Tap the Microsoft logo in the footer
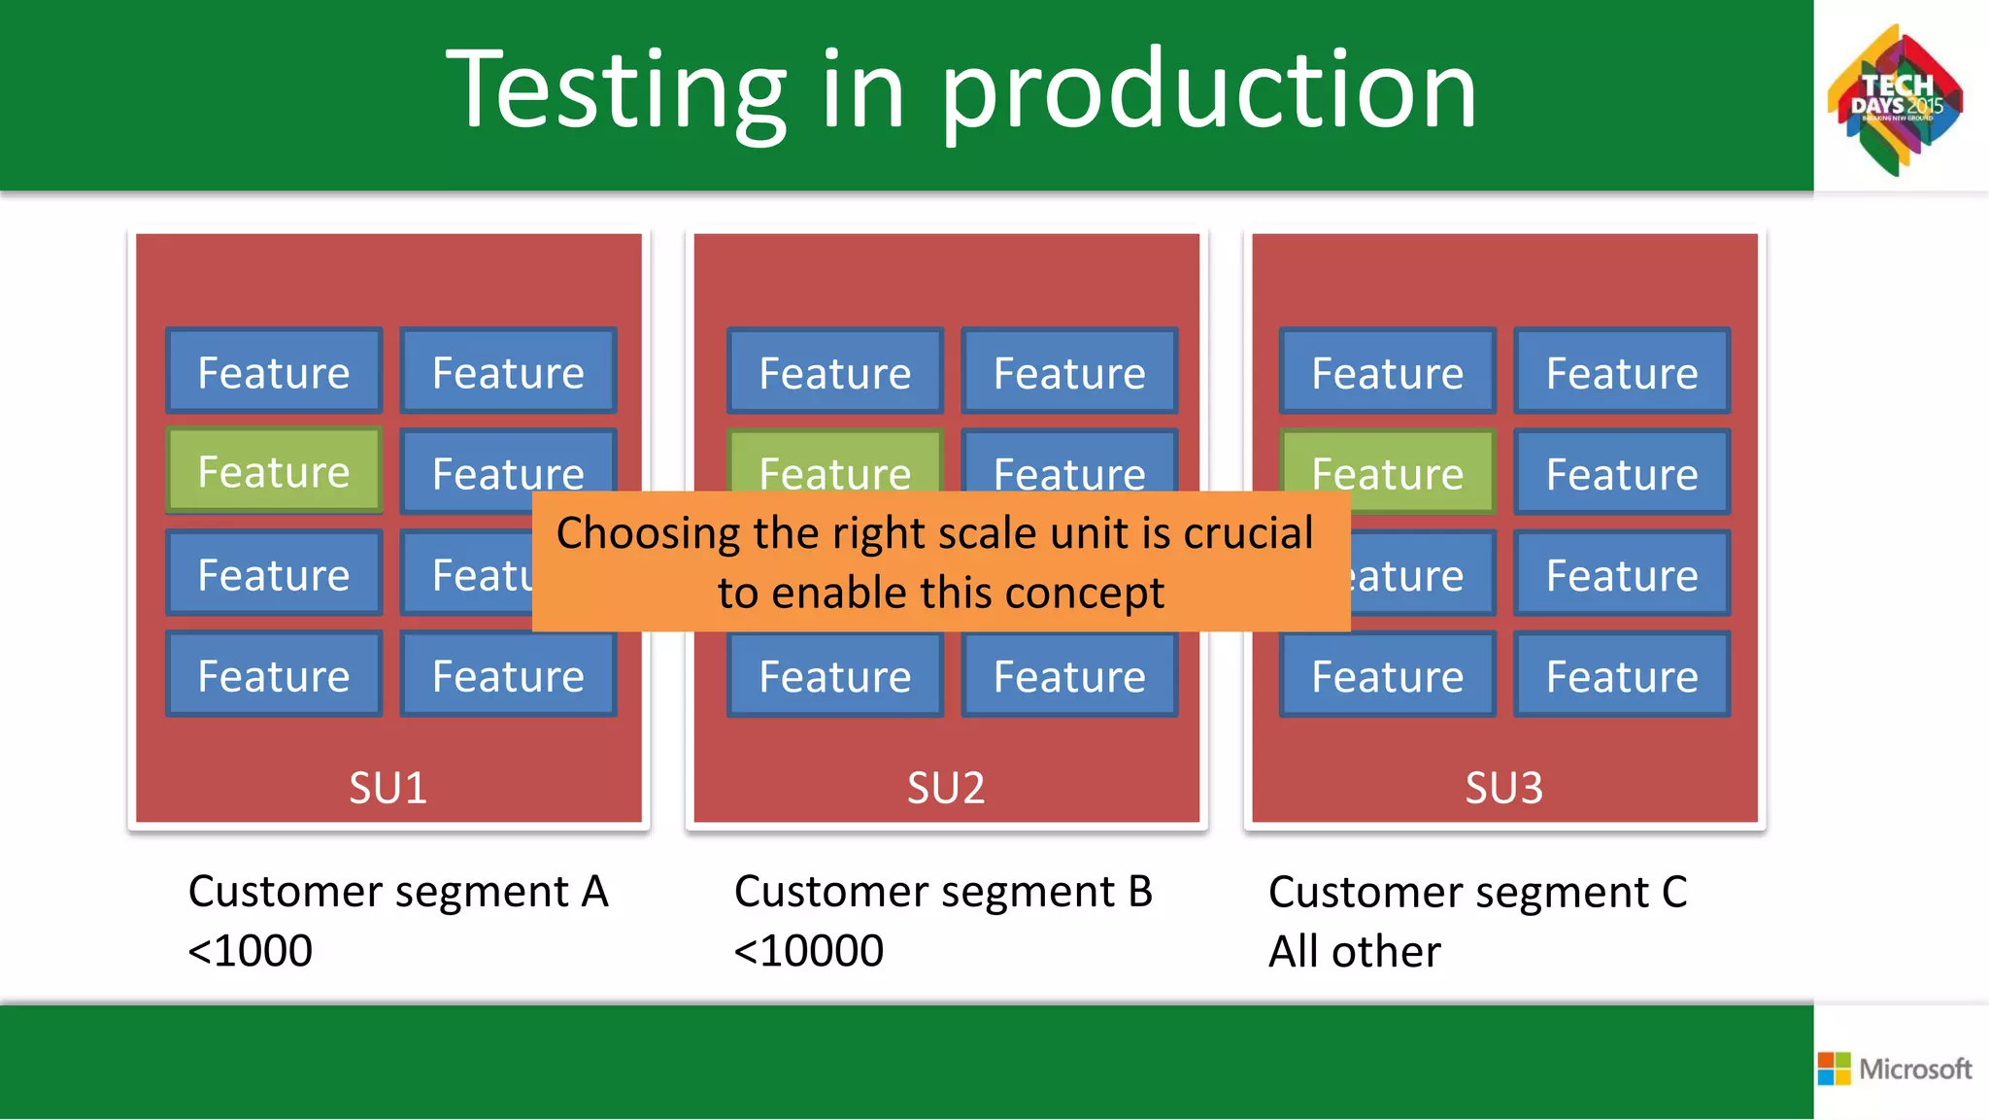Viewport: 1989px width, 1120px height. point(1895,1069)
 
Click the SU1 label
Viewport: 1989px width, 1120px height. point(388,787)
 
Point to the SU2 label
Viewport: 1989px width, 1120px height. point(946,787)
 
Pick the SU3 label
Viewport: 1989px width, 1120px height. point(1503,787)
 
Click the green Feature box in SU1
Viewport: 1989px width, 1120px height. point(274,471)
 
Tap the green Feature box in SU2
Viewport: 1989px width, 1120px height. point(835,464)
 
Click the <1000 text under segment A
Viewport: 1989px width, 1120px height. point(251,950)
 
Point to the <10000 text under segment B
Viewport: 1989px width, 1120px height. point(809,950)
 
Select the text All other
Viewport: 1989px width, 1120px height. point(1354,951)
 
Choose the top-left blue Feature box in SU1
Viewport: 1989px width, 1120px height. point(274,372)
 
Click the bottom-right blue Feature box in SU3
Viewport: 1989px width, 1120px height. point(1622,675)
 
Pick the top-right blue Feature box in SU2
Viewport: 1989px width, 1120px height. point(1069,372)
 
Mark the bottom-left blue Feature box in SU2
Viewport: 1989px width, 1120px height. point(835,675)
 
